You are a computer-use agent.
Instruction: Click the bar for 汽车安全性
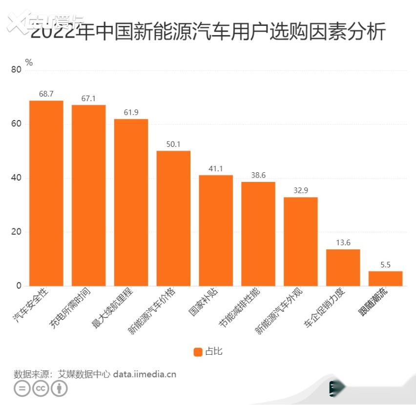(46, 193)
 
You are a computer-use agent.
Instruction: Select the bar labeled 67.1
(88, 195)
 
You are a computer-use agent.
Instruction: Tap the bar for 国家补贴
(216, 230)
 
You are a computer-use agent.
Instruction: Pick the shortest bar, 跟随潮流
(385, 278)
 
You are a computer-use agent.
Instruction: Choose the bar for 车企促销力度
(343, 267)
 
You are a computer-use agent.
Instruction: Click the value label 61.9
(131, 113)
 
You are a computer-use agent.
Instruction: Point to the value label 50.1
(173, 144)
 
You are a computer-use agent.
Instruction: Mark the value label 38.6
(258, 176)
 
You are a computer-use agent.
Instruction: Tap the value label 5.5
(385, 265)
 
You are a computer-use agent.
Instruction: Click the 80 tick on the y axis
(16, 70)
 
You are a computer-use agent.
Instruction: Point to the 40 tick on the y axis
(16, 178)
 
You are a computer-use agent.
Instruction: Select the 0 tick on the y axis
(19, 286)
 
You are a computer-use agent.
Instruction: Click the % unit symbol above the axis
(29, 62)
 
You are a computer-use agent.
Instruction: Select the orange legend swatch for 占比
(198, 352)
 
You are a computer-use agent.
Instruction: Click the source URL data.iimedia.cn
(145, 374)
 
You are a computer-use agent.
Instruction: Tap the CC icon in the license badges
(41, 388)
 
